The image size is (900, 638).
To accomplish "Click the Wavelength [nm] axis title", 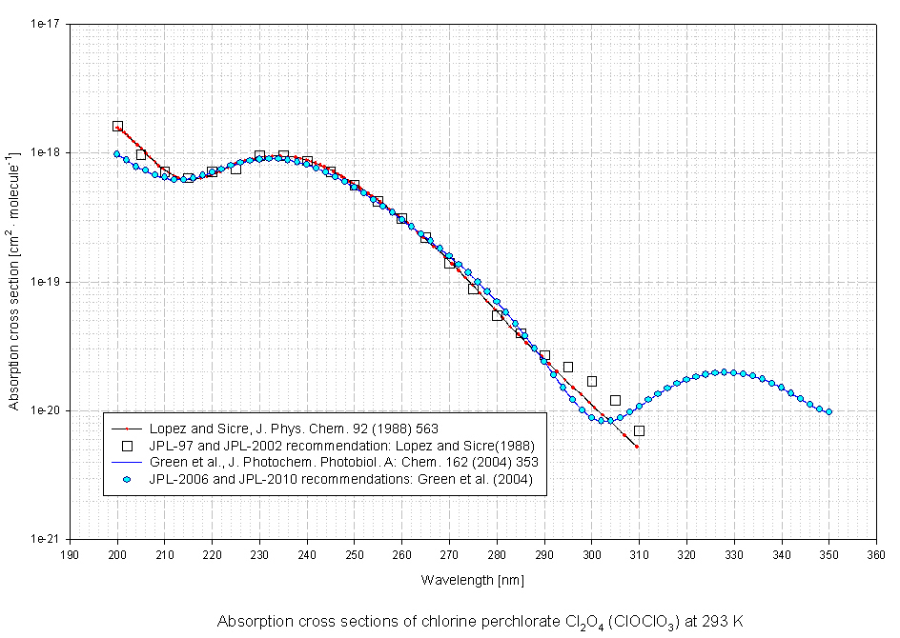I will [x=472, y=579].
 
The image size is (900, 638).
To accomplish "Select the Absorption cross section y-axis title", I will [x=15, y=281].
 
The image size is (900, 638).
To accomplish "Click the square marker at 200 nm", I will [x=117, y=127].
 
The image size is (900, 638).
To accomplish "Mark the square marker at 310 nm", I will [x=639, y=430].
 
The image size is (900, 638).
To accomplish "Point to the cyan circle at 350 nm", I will [x=828, y=411].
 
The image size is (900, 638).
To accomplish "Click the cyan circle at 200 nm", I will [x=117, y=153].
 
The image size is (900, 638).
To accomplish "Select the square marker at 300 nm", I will [x=592, y=381].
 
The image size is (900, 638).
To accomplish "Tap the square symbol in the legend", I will [x=126, y=446].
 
